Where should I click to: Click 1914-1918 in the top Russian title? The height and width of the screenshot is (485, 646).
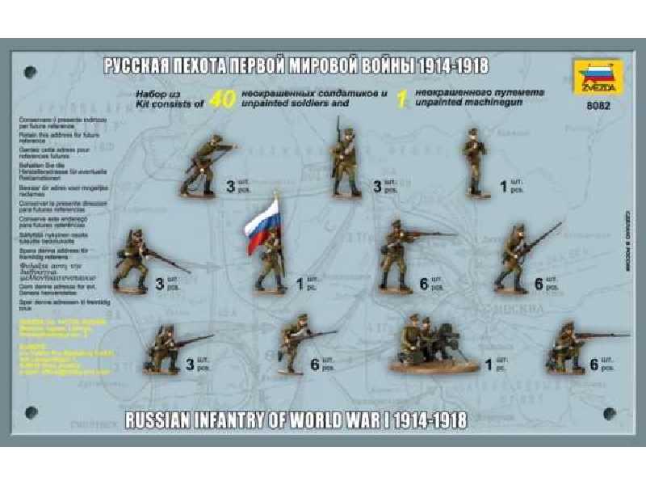443,65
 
